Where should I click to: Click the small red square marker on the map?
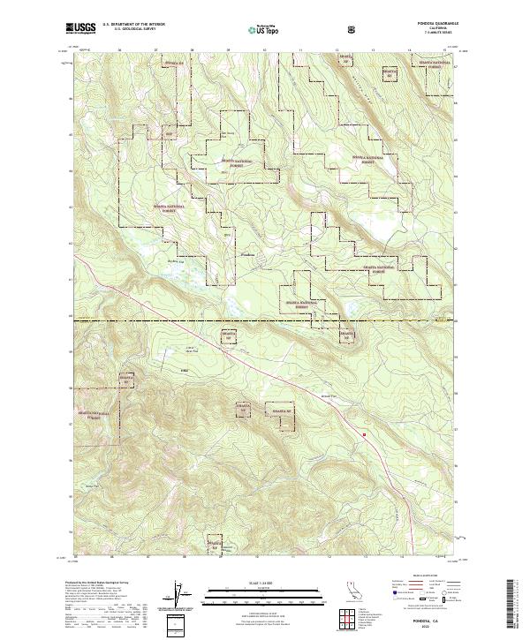(x=364, y=433)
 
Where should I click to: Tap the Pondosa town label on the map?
(x=250, y=252)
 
